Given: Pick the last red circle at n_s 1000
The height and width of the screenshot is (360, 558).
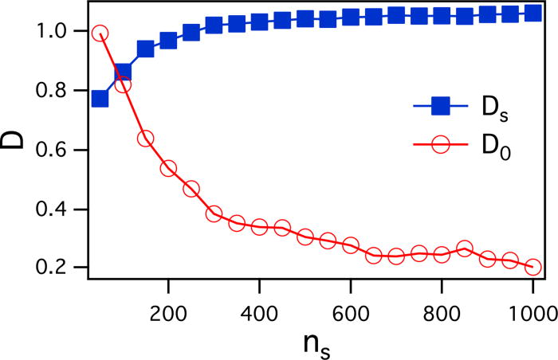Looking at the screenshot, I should [532, 268].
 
